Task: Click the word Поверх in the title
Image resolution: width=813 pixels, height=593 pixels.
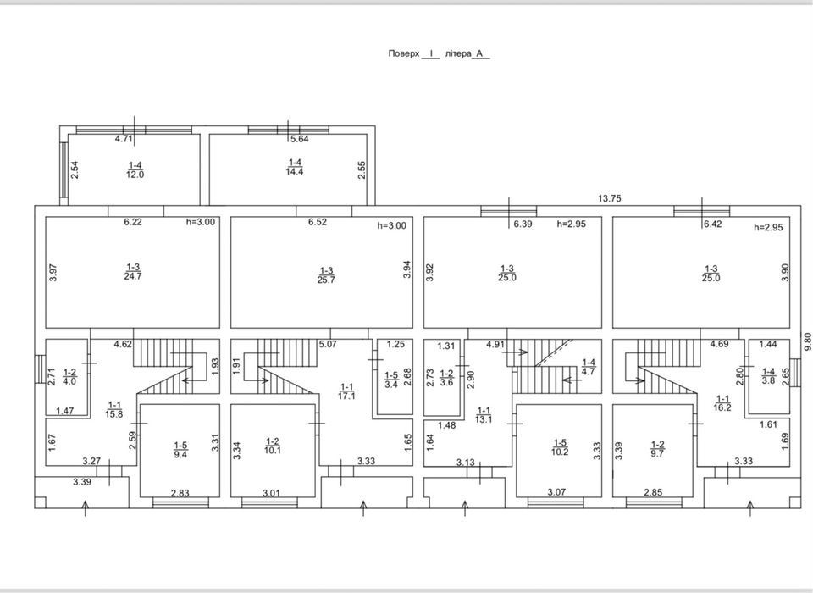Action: coord(403,53)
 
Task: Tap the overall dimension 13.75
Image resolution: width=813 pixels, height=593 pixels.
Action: coord(609,198)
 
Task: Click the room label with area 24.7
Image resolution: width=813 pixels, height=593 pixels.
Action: coord(133,271)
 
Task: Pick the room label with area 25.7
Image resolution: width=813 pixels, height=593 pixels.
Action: coord(326,275)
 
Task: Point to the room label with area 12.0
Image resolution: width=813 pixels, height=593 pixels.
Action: coord(135,169)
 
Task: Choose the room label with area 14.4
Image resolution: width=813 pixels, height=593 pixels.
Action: coord(295,167)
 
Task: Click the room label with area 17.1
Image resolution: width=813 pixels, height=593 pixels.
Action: coord(346,391)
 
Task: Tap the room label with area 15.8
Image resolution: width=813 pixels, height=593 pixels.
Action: coord(114,409)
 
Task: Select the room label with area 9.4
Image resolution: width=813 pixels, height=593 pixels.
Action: coord(180,450)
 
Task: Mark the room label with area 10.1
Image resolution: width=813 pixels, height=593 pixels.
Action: coord(273,446)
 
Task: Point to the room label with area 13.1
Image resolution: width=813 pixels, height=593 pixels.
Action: coord(484,415)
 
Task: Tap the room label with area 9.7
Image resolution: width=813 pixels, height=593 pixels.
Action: coord(657,449)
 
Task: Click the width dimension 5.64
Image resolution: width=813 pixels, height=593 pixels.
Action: coord(299,139)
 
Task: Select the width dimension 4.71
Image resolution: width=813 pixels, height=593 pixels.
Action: coord(124,139)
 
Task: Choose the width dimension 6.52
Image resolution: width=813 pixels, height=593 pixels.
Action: coord(318,222)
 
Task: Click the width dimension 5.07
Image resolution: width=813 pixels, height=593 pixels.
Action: coord(328,343)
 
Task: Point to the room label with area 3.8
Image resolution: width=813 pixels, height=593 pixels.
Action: coord(768,375)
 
